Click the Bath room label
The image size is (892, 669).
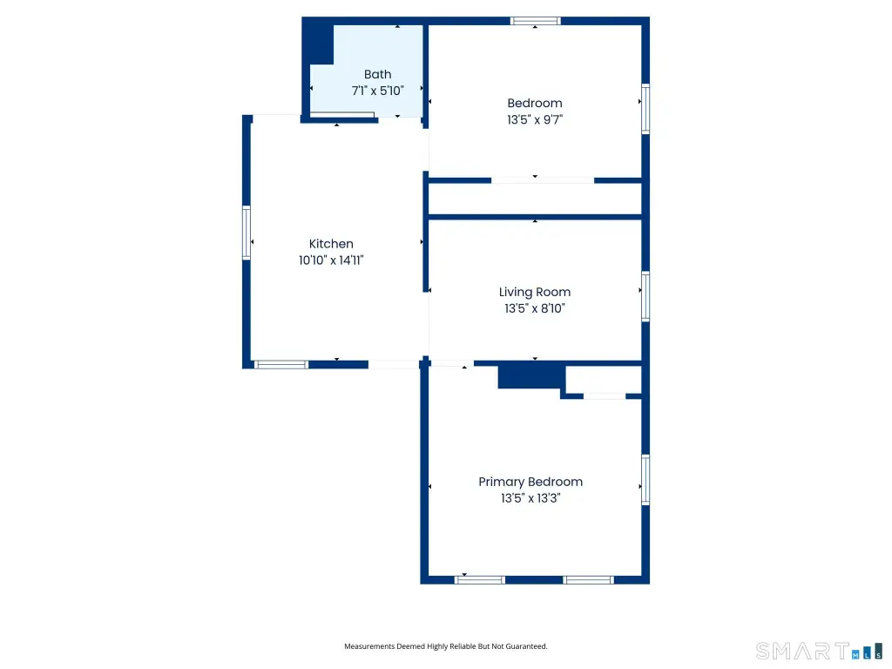click(x=378, y=75)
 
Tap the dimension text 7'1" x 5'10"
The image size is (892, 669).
click(x=378, y=91)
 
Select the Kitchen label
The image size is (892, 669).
click(x=331, y=244)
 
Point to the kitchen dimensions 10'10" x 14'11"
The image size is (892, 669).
click(x=331, y=260)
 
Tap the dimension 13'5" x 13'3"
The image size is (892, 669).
click(x=530, y=498)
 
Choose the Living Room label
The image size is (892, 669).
click(x=535, y=292)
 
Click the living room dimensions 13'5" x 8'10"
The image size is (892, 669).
click(x=535, y=308)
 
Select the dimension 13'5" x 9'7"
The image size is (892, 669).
click(x=535, y=119)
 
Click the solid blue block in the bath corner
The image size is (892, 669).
click(x=319, y=44)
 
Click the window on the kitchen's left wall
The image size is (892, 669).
click(x=247, y=233)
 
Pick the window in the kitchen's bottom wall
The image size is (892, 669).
click(x=281, y=365)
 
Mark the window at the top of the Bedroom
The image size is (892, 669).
click(x=536, y=21)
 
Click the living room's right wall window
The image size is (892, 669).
click(x=645, y=296)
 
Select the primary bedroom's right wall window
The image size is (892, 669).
click(x=645, y=480)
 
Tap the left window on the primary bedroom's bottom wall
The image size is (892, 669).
click(x=480, y=580)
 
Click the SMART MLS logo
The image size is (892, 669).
click(x=819, y=651)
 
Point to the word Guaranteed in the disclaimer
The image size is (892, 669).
click(x=527, y=646)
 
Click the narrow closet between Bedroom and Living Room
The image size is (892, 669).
click(x=535, y=199)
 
